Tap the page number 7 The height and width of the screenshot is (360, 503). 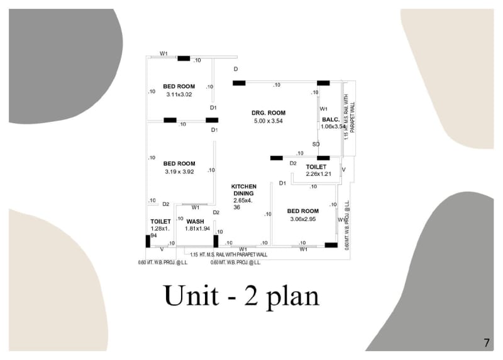coord(486,343)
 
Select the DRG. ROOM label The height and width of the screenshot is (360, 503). coord(269,113)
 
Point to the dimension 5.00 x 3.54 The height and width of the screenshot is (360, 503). coord(269,121)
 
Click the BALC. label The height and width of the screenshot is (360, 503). coord(331,119)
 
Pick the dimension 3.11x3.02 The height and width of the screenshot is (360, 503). coord(179,95)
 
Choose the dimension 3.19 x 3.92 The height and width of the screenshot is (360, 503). coord(179,172)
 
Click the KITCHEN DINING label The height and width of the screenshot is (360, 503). coord(244,190)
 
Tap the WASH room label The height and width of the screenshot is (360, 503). coord(195,222)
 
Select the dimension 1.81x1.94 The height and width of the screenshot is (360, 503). coord(197,229)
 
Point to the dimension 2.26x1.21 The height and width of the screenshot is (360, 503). coord(318,174)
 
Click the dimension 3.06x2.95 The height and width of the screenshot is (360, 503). coord(302,219)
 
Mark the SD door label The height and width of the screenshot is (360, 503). coord(316,144)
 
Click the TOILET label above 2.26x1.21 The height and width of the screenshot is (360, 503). coord(316,166)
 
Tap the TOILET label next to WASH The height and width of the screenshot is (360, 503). coord(161,222)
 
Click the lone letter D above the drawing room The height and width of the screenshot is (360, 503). coord(236,68)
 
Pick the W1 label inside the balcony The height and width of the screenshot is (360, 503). coord(324,109)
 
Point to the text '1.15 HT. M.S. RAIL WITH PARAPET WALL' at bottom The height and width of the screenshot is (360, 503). coord(228,254)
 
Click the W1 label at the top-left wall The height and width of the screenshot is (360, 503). coord(163,54)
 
